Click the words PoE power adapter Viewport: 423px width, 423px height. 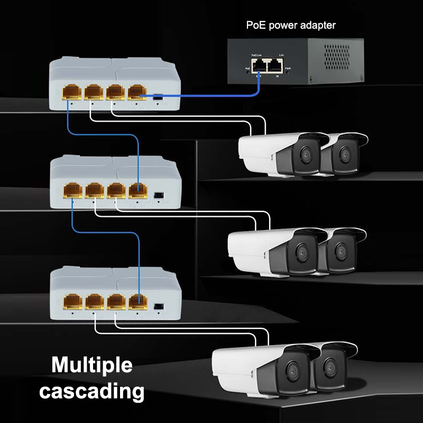point(291,25)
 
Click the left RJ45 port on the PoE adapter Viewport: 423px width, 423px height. point(259,66)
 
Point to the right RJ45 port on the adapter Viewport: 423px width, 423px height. point(275,66)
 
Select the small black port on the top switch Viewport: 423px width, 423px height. point(158,97)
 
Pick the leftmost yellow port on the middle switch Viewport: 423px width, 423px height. point(72,190)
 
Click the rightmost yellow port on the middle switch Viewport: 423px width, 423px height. point(137,190)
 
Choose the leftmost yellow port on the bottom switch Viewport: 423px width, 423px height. point(72,301)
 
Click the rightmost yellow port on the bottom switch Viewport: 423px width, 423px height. point(137,301)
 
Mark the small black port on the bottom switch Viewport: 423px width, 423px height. point(158,307)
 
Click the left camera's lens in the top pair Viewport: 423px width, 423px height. point(305,155)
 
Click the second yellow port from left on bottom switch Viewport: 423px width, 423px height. point(94,301)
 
